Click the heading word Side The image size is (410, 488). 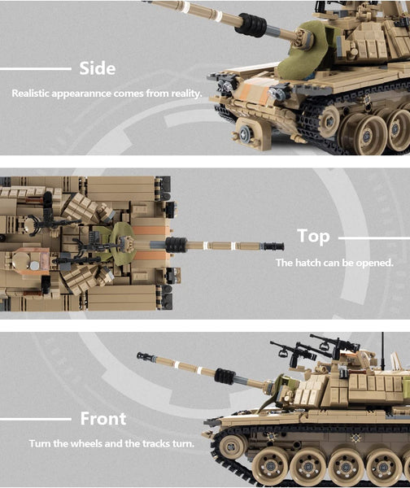(x=98, y=68)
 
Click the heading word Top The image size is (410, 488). (x=313, y=236)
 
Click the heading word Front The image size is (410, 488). (x=103, y=418)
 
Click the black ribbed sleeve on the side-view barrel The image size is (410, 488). (x=251, y=25)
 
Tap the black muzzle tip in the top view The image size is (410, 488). (x=274, y=246)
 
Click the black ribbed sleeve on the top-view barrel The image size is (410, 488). (x=176, y=245)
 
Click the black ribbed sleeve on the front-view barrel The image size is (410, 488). (x=225, y=376)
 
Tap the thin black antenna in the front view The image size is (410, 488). (x=382, y=351)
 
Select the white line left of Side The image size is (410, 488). (x=36, y=69)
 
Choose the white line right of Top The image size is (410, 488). (x=374, y=238)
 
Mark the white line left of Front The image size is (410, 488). (x=36, y=419)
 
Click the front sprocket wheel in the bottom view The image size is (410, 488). (x=232, y=447)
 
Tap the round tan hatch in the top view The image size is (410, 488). (x=20, y=259)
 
